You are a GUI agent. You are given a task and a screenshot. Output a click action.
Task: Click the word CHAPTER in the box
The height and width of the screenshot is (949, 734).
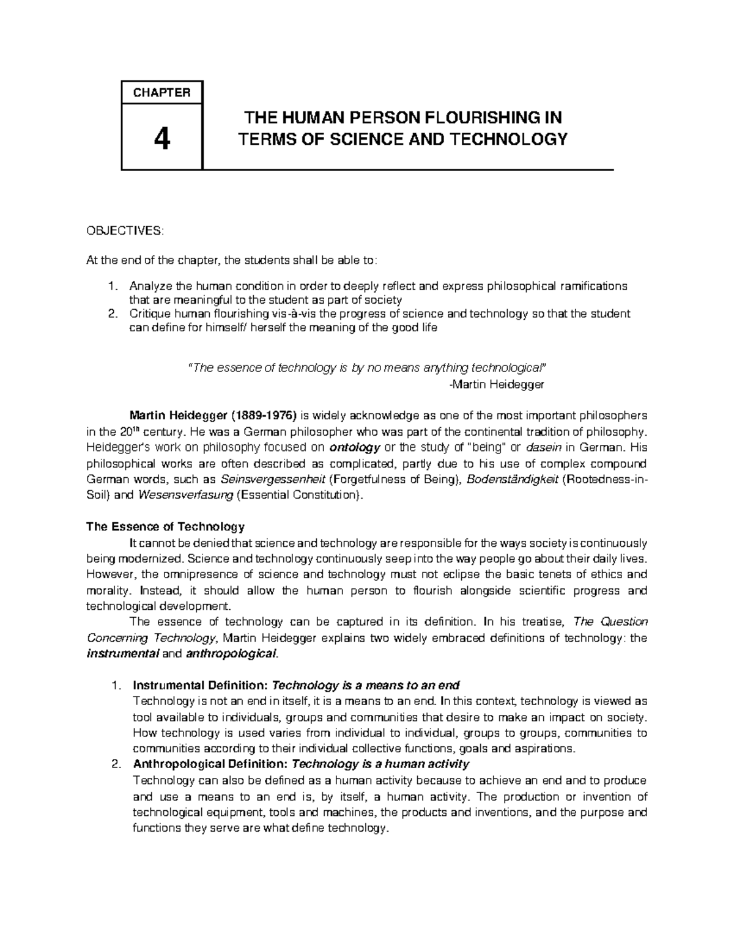[x=162, y=93]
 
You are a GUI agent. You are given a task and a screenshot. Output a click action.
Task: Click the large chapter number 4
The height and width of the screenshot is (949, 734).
[x=161, y=141]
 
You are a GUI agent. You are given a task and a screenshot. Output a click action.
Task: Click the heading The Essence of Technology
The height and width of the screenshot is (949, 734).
[x=165, y=527]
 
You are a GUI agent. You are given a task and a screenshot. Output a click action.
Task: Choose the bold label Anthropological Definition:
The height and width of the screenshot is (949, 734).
[x=209, y=764]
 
